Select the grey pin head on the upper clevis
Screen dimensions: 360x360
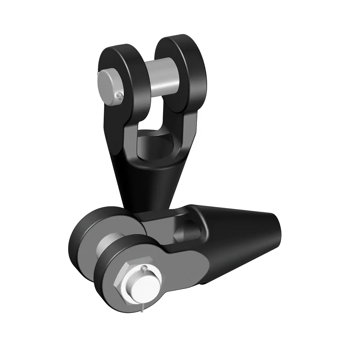click(x=107, y=85)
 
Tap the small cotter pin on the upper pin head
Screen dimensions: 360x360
click(x=120, y=95)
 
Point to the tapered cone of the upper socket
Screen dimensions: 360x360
click(x=148, y=186)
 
